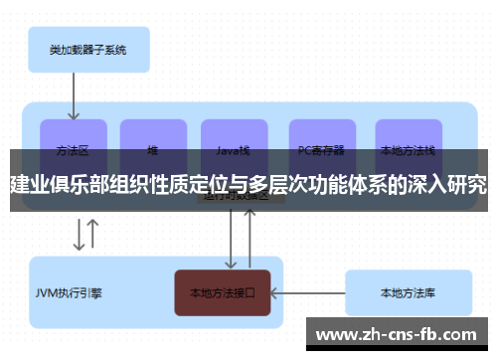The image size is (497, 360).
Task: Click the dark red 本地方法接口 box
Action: [223, 293]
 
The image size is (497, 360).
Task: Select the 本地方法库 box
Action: [408, 293]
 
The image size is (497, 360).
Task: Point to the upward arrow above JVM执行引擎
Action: [93, 235]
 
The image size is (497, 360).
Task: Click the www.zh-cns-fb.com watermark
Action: [403, 334]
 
